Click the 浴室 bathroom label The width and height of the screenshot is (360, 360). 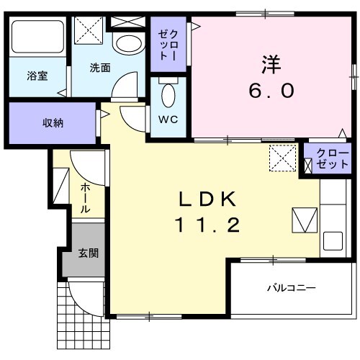click(37, 74)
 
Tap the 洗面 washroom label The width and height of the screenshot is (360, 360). click(100, 68)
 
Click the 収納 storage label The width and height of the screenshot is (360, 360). click(52, 123)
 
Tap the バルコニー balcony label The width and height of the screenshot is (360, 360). click(291, 288)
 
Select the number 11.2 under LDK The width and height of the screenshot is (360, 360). click(205, 226)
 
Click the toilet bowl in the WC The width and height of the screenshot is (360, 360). click(168, 95)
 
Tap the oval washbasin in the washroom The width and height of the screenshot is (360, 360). click(130, 44)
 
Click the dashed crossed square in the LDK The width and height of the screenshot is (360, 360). click(282, 158)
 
